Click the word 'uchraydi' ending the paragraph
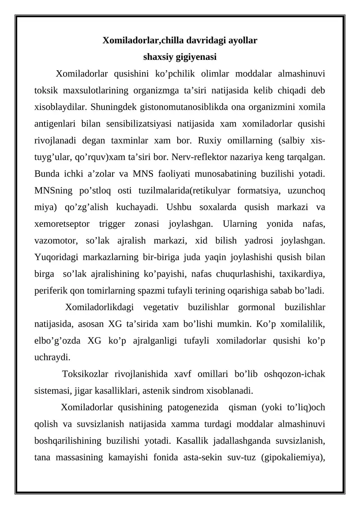coord(52,357)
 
